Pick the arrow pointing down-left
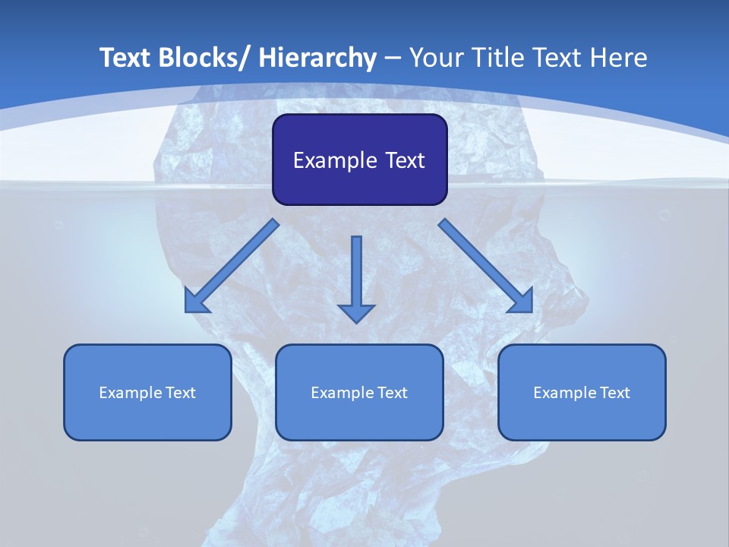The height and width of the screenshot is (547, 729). click(x=232, y=266)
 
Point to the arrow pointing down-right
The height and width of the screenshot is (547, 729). click(x=486, y=266)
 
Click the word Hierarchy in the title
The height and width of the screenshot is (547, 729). click(x=317, y=58)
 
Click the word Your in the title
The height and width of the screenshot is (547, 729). click(x=436, y=58)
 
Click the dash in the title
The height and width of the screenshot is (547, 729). click(x=393, y=58)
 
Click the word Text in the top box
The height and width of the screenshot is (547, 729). click(x=403, y=160)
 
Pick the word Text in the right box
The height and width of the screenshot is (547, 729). click(x=615, y=393)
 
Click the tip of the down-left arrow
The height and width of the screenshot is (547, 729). click(x=187, y=311)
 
